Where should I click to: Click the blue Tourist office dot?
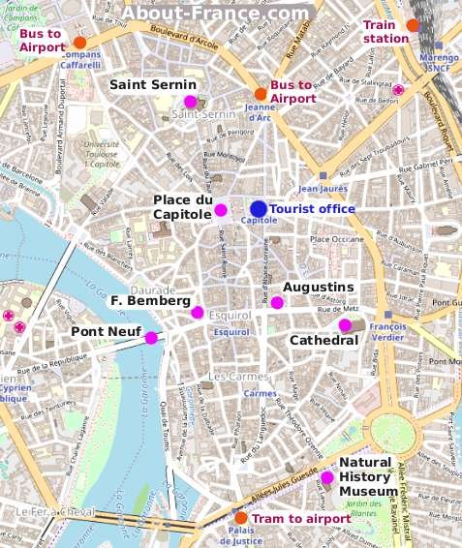click(x=259, y=208)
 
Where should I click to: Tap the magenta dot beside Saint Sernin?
click(x=190, y=102)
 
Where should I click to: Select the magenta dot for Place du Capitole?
click(x=221, y=210)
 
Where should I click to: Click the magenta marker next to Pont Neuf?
click(x=151, y=337)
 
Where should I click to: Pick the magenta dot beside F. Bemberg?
click(x=198, y=312)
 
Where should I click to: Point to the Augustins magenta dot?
click(x=277, y=303)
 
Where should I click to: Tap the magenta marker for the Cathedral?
click(x=344, y=325)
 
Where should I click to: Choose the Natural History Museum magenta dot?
click(x=327, y=476)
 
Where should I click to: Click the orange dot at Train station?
click(x=414, y=25)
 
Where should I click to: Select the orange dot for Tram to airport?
click(x=241, y=518)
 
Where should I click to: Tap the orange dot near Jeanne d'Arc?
click(x=261, y=93)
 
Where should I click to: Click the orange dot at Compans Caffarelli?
click(x=80, y=43)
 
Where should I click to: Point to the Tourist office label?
click(x=312, y=208)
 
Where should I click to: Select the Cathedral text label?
click(x=324, y=341)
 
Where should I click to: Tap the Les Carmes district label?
click(x=234, y=376)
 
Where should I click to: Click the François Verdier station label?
click(x=387, y=333)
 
